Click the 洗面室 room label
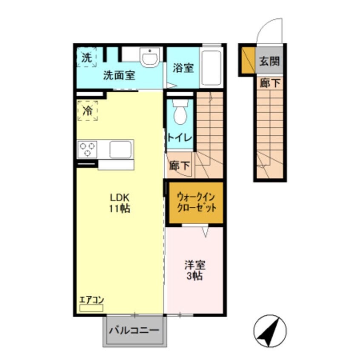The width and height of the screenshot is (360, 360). [119, 76]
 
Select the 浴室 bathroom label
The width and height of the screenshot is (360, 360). [183, 68]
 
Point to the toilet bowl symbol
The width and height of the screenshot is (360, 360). [180, 113]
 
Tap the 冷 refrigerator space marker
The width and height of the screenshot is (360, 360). [87, 111]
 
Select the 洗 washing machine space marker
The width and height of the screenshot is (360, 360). [87, 57]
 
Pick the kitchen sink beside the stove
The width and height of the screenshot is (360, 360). [120, 149]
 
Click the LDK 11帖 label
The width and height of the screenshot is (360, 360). [120, 203]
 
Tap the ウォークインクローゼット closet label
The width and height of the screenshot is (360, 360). [196, 203]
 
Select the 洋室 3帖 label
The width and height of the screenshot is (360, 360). [194, 270]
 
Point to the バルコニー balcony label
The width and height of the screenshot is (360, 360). [134, 330]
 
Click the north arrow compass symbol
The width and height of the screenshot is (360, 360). [270, 331]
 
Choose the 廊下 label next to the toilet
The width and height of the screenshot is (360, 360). [180, 166]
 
